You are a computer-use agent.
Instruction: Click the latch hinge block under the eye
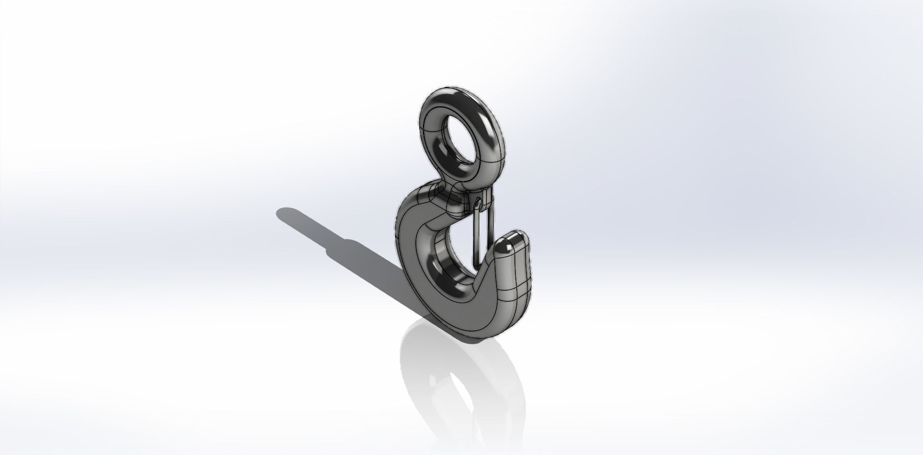(481, 199)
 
